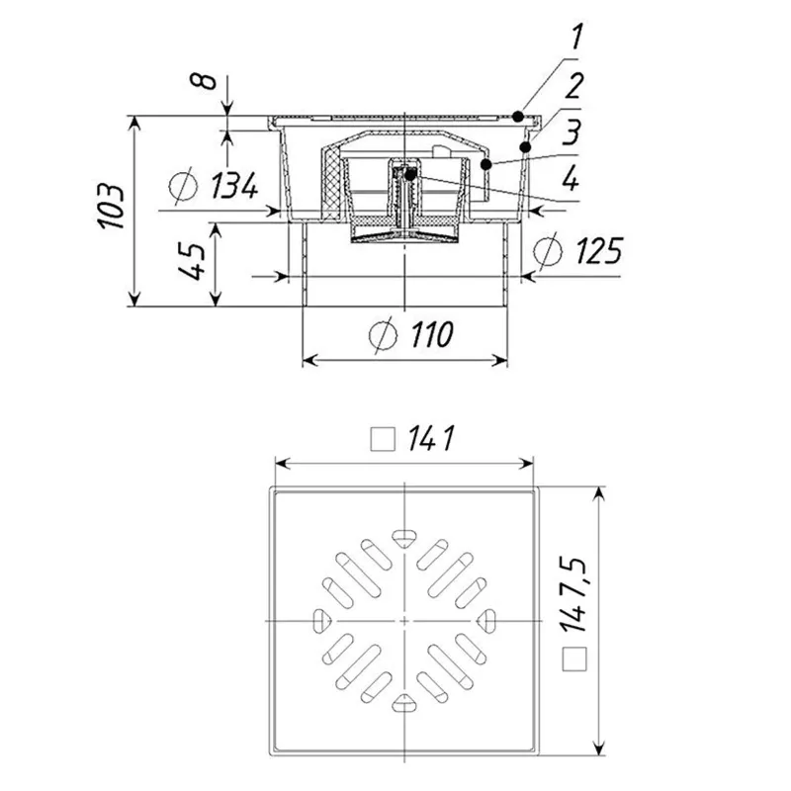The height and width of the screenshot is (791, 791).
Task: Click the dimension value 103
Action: [x=111, y=207]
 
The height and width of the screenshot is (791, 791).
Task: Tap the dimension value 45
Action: [x=192, y=261]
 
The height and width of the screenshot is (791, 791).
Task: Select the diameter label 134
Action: [x=233, y=185]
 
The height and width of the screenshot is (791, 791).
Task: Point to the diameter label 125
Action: [x=599, y=250]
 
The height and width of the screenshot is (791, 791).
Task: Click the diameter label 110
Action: [x=432, y=334]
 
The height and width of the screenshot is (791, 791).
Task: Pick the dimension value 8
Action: [x=203, y=81]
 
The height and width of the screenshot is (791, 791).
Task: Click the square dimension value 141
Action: [x=431, y=438]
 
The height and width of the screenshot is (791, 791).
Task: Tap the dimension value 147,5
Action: [x=573, y=595]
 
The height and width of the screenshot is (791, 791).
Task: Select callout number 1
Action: [x=576, y=37]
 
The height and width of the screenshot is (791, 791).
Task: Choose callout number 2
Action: [x=574, y=85]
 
